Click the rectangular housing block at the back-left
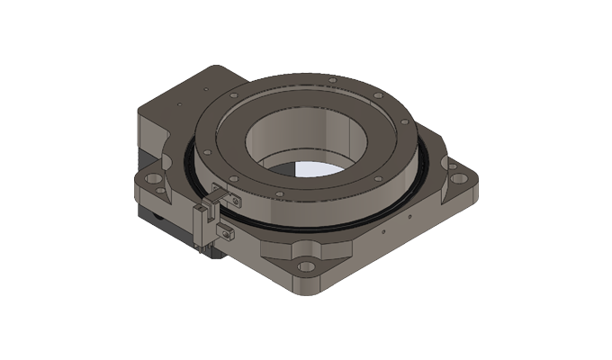[175, 103]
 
